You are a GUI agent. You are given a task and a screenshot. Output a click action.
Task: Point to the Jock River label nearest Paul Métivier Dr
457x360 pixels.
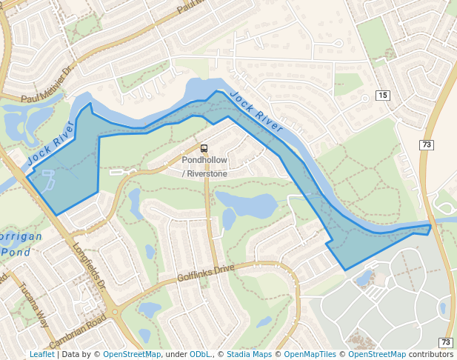click(52, 144)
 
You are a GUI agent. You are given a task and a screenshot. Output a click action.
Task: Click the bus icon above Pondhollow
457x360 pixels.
click(204, 148)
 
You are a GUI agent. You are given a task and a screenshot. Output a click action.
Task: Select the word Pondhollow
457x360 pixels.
click(204, 160)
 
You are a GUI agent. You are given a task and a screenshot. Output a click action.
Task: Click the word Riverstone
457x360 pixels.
click(207, 173)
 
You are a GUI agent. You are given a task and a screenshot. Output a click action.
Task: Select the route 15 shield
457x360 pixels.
click(382, 96)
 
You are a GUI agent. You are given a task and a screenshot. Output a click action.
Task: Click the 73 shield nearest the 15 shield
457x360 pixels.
click(425, 144)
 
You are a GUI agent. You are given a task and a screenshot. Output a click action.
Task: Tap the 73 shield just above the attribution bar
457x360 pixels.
click(445, 342)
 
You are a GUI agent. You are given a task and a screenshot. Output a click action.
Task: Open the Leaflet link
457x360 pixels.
click(41, 354)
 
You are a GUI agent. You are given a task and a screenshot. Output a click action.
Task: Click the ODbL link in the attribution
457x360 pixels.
click(199, 354)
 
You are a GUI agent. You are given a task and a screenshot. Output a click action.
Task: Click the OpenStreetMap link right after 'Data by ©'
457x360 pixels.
click(132, 354)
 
